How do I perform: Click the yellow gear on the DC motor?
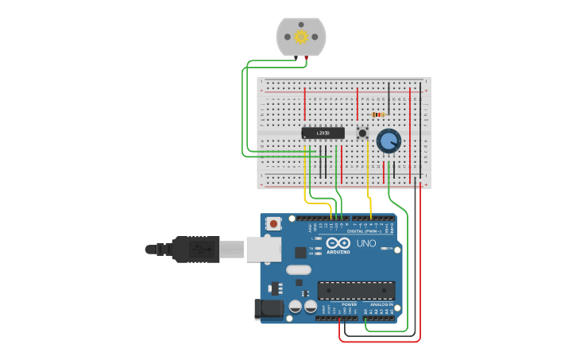(301, 37)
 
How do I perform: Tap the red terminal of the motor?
(306, 58)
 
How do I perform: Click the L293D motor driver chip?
(323, 133)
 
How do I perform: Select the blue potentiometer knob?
(389, 141)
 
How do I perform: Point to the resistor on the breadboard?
(378, 114)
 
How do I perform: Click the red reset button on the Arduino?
(274, 224)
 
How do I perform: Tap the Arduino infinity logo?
(338, 243)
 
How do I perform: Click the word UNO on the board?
(366, 243)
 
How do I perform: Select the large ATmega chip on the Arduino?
(356, 290)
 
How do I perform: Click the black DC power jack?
(267, 309)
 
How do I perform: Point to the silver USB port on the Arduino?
(263, 249)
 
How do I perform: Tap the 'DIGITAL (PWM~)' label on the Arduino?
(367, 230)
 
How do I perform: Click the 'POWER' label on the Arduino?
(349, 304)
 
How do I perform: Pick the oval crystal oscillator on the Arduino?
(299, 269)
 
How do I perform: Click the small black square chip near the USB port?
(300, 253)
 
